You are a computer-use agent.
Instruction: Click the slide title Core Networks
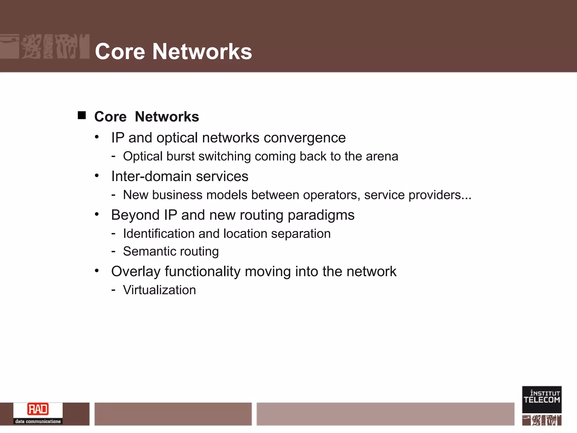click(x=173, y=52)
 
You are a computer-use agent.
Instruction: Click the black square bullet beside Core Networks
click(x=82, y=115)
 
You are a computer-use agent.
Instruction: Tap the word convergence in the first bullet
click(x=305, y=138)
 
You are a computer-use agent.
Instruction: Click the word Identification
click(x=159, y=234)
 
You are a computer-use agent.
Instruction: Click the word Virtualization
click(x=159, y=290)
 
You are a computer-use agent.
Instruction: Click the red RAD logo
click(x=38, y=409)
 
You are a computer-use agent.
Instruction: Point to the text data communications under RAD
click(x=38, y=421)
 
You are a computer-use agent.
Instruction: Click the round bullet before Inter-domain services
click(x=97, y=176)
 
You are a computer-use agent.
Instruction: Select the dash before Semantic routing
click(x=113, y=251)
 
